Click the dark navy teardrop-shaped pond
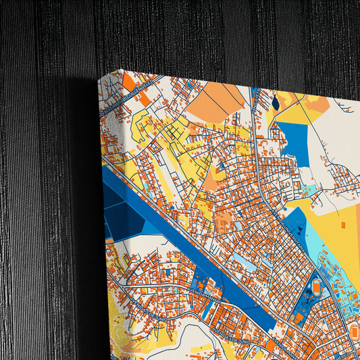[x=276, y=103]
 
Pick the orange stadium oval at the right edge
[x=355, y=331]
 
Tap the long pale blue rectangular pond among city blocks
[x=244, y=264]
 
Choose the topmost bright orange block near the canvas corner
[x=128, y=82]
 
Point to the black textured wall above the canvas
[x=203, y=34]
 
